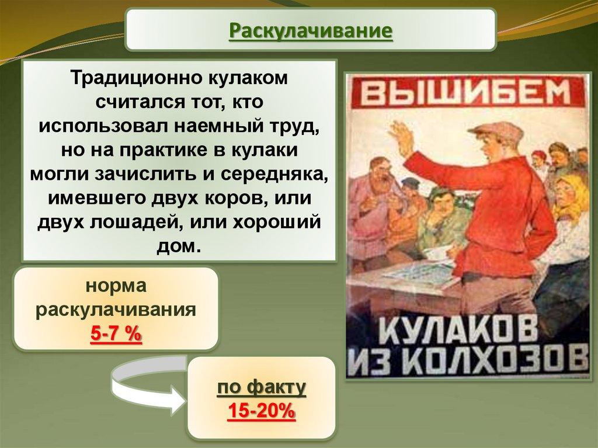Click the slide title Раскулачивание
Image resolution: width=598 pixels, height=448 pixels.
[x=311, y=31]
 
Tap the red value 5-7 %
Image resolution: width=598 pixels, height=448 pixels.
[x=116, y=334]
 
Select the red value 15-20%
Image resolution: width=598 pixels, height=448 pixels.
[x=262, y=411]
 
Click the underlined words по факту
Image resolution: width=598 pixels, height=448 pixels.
[x=262, y=388]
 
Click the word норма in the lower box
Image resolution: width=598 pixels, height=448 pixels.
[x=116, y=286]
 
